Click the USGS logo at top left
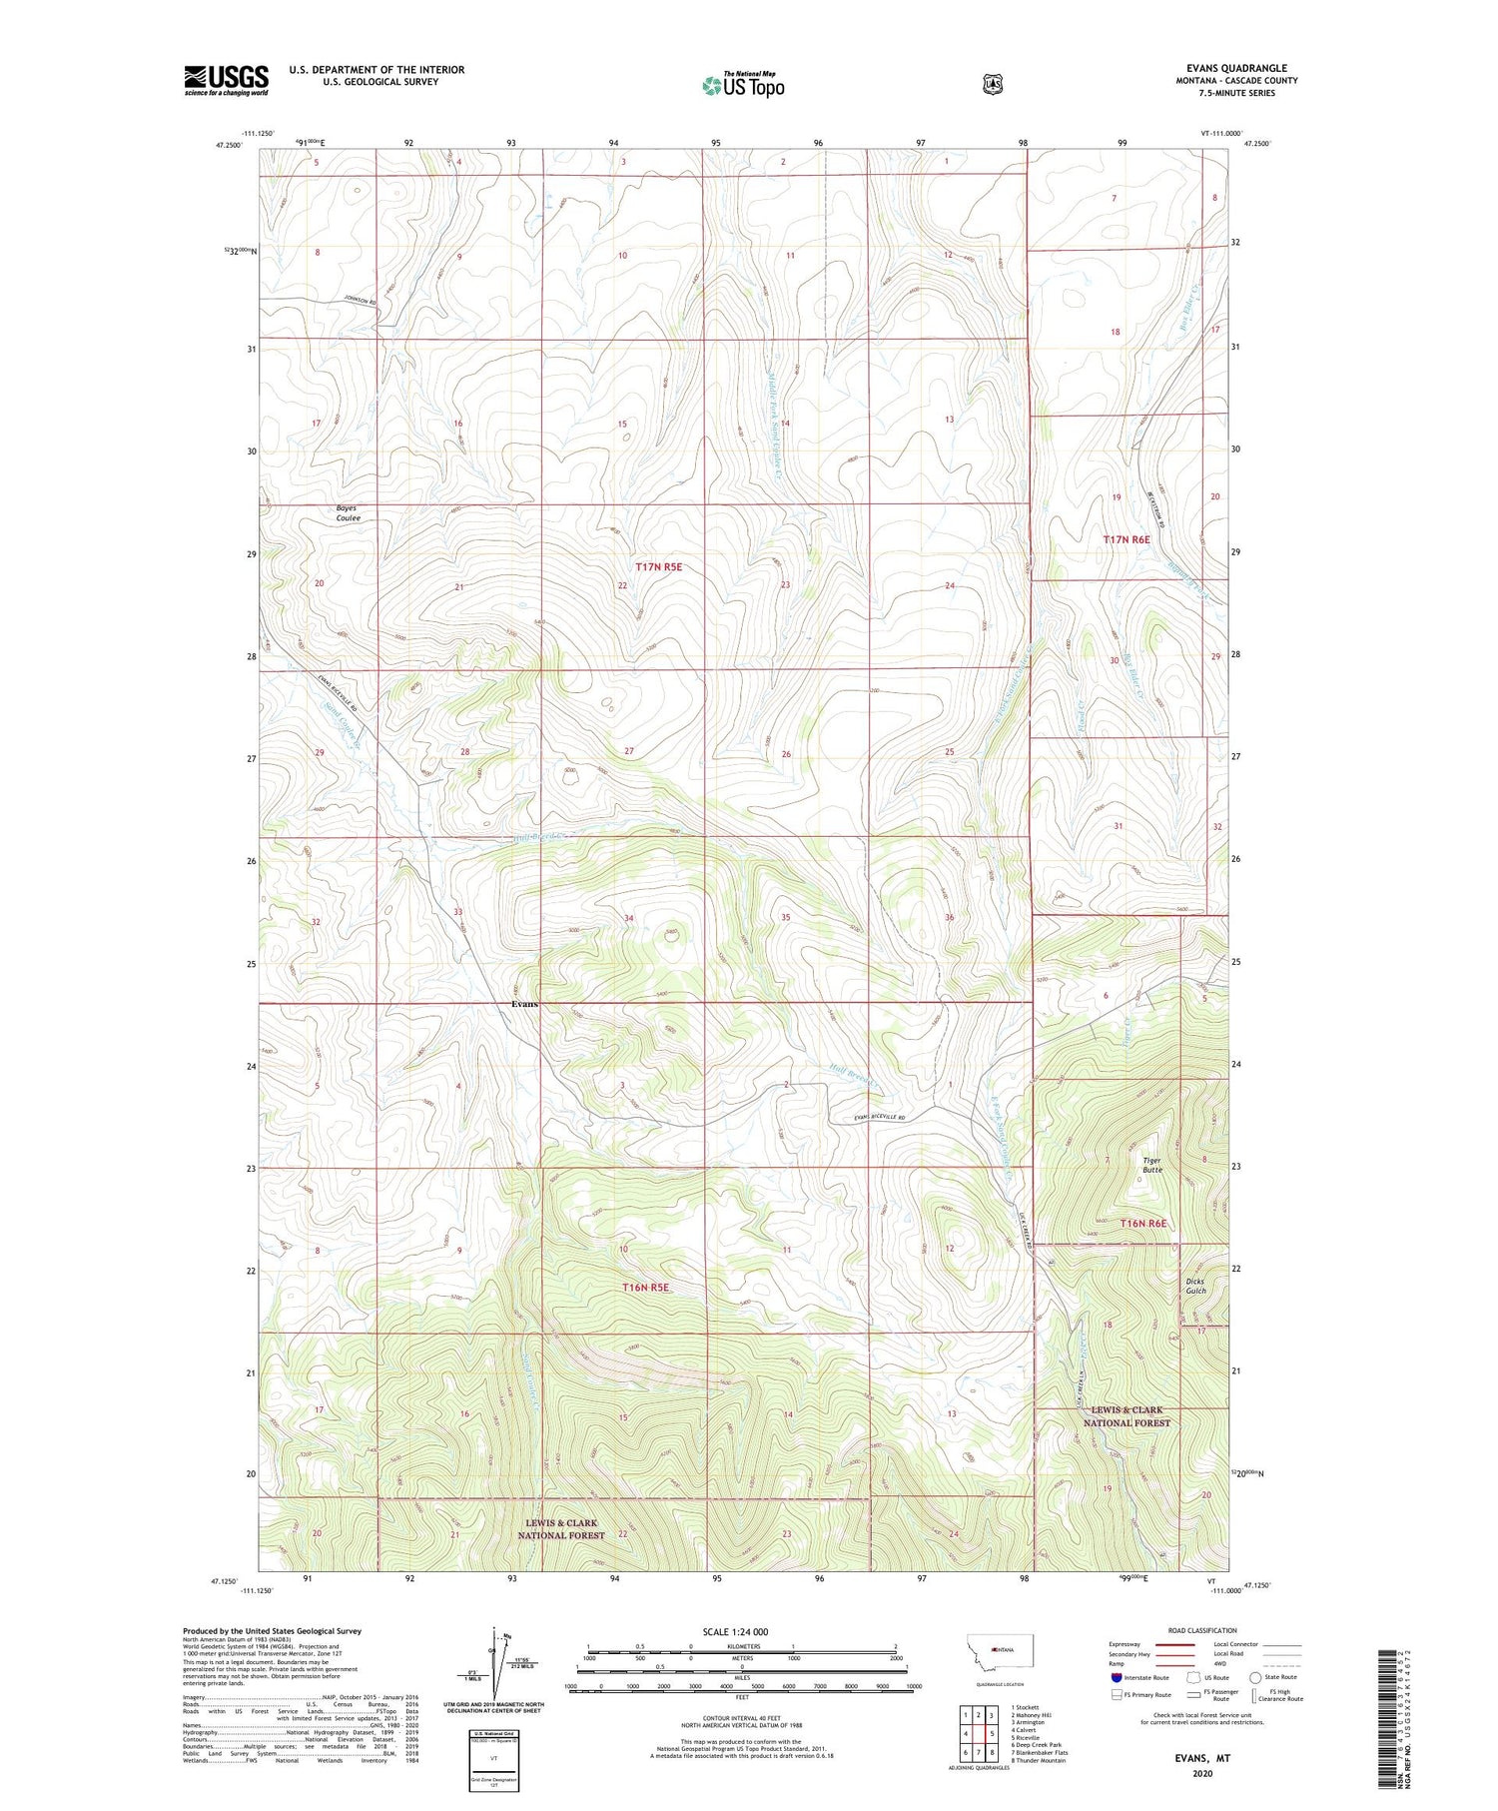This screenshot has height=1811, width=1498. coord(226,80)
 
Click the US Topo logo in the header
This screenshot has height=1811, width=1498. coord(743,85)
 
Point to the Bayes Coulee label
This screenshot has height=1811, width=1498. coord(348,513)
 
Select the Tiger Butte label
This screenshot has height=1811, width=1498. coord(1152,1165)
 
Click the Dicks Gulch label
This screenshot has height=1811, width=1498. coord(1194,1286)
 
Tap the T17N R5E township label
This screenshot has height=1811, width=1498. coord(659,566)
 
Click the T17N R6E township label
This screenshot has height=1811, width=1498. coord(1126,539)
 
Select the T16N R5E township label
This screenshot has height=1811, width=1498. coord(645,1288)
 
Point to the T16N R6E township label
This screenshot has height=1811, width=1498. coord(1142,1224)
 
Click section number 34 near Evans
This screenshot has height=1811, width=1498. coord(629,918)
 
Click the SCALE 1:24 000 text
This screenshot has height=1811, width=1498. coord(743,1631)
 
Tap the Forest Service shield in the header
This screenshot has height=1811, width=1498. coord(992,85)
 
